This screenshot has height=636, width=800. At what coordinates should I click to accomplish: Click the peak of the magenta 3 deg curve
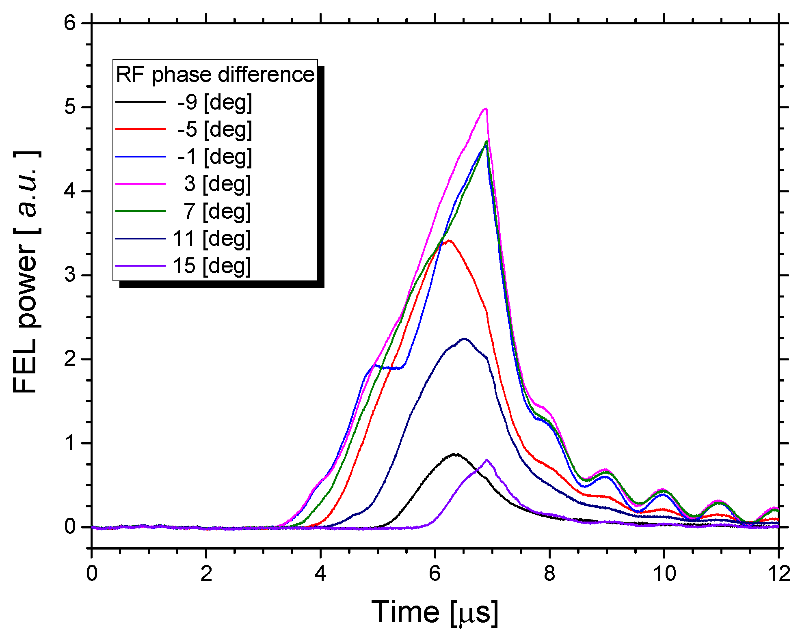[485, 109]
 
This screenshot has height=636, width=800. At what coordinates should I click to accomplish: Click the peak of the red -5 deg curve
[449, 241]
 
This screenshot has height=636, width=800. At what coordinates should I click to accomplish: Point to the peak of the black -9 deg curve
[455, 454]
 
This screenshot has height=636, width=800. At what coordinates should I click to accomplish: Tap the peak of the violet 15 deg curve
[487, 460]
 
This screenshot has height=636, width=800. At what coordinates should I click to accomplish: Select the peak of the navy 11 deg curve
[464, 338]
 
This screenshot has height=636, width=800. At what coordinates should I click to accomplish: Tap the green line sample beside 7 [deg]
[141, 211]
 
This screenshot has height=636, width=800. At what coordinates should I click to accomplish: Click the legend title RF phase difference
[215, 75]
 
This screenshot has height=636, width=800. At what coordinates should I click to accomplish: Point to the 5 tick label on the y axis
[70, 108]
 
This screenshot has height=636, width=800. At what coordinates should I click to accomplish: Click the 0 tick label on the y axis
[70, 527]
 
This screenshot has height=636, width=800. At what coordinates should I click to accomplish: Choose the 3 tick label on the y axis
[70, 275]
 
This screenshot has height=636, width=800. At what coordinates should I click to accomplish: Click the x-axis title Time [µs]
[435, 612]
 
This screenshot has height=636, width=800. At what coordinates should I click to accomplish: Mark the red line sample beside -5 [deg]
[141, 129]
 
